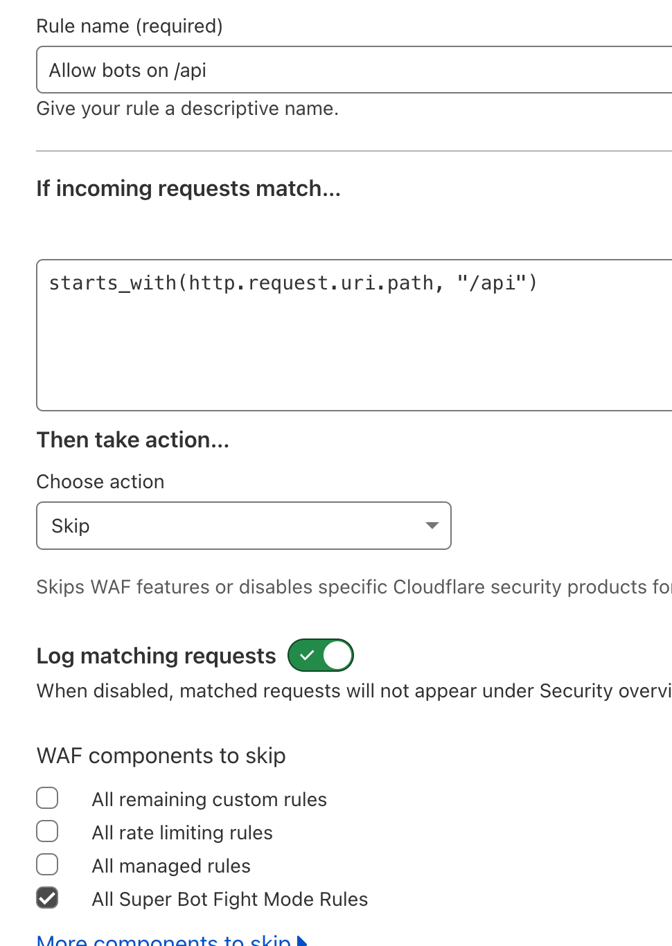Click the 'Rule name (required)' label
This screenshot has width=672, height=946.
pyautogui.click(x=130, y=26)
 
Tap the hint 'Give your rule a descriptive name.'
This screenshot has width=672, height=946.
pyautogui.click(x=187, y=109)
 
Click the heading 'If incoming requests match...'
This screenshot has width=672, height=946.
pyautogui.click(x=188, y=188)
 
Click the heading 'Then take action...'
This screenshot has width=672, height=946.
pyautogui.click(x=132, y=440)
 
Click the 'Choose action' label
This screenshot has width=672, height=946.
pyautogui.click(x=100, y=482)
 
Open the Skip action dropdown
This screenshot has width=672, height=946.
pyautogui.click(x=243, y=526)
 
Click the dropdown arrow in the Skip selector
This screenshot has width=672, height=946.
pyautogui.click(x=432, y=526)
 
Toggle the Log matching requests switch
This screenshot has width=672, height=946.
pyautogui.click(x=321, y=655)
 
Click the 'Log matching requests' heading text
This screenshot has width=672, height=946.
pyautogui.click(x=156, y=656)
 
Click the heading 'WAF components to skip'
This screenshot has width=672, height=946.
pyautogui.click(x=161, y=756)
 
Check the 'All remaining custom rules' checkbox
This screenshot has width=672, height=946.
pyautogui.click(x=47, y=798)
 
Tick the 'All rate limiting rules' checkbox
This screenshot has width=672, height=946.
pyautogui.click(x=47, y=831)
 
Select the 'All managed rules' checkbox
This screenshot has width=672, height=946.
pyautogui.click(x=47, y=864)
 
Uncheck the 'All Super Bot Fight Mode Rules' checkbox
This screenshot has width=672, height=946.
pyautogui.click(x=47, y=898)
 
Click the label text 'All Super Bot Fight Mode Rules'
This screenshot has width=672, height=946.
pyautogui.click(x=229, y=900)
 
